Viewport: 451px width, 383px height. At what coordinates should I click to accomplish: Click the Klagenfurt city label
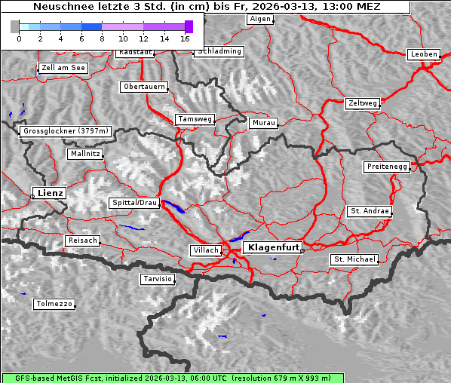pos(275,247)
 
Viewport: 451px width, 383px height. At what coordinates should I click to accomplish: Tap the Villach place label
pos(205,250)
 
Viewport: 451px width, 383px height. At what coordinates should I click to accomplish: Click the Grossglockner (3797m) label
pos(66,131)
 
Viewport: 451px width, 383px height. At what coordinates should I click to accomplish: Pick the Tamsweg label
pos(195,119)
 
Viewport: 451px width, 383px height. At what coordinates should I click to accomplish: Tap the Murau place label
pos(264,122)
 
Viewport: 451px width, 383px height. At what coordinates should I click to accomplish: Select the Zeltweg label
pos(363,103)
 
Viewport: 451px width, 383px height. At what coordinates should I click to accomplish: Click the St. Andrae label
pos(370,211)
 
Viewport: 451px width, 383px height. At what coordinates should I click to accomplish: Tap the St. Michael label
pos(354,259)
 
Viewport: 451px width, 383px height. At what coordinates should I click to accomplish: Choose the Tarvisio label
pos(158,279)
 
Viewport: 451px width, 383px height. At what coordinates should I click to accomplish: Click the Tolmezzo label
pos(54,305)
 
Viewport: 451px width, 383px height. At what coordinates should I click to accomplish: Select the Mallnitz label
pos(84,154)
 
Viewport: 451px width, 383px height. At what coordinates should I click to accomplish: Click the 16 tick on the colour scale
pos(184,38)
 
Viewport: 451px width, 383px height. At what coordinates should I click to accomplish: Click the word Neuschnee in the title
pos(59,7)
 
